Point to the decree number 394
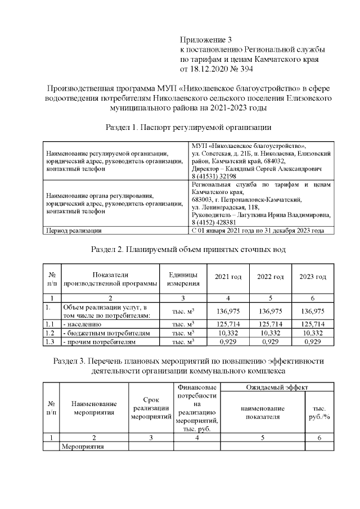(246, 69)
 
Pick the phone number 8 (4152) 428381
(217, 222)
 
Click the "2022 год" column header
(270, 277)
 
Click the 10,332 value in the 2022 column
(270, 333)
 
